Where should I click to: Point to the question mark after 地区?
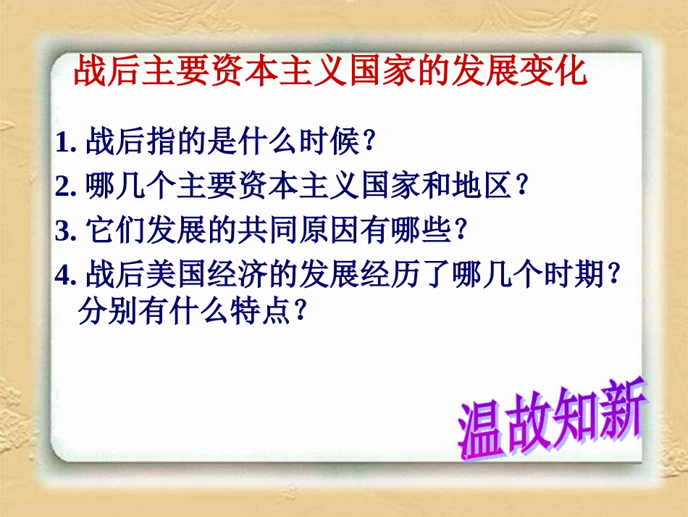click(520, 188)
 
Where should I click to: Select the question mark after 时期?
click(614, 276)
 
